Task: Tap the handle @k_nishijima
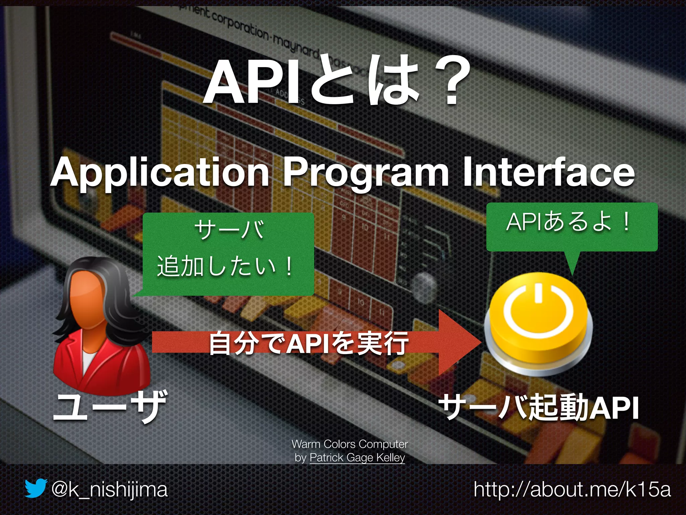109,490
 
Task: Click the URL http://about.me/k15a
572,490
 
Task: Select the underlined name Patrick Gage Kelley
357,457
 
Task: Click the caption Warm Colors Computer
349,444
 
